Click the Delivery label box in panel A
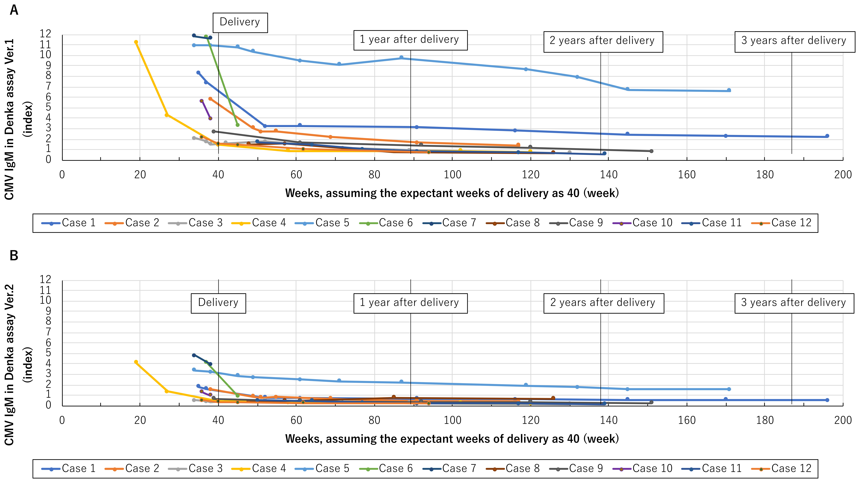pyautogui.click(x=240, y=22)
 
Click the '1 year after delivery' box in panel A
pyautogui.click(x=410, y=40)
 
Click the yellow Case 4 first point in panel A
pyautogui.click(x=136, y=42)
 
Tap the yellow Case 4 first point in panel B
pyautogui.click(x=136, y=362)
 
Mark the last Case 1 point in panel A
pyautogui.click(x=827, y=136)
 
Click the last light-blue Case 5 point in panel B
pyautogui.click(x=729, y=389)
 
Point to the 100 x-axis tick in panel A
pyautogui.click(x=452, y=175)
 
